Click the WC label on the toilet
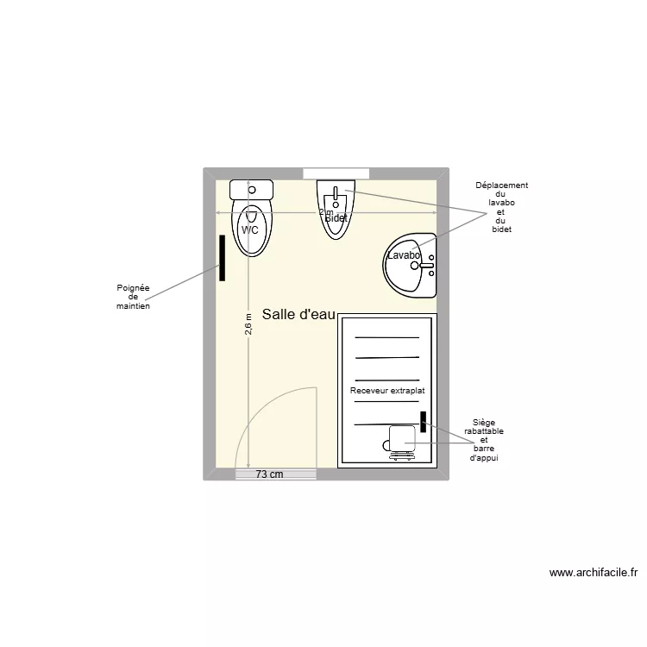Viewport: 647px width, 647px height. coord(249,230)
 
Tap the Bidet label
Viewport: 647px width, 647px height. coord(336,218)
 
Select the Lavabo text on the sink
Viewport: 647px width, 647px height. coord(403,255)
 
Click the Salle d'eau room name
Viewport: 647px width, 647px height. coord(298,315)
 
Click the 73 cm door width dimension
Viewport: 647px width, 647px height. coord(270,474)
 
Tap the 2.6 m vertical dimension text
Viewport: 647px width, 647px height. coord(248,324)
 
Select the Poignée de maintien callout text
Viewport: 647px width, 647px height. coord(133,297)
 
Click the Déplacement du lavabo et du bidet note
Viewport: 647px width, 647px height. coord(501,207)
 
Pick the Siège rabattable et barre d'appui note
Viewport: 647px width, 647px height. coord(484,440)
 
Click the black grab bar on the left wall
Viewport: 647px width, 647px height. coord(223,257)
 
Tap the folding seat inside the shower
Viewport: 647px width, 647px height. coord(401,439)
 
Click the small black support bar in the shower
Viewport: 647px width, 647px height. coord(424,422)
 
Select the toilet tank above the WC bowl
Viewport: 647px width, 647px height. coord(251,189)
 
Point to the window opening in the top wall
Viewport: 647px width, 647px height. coord(336,173)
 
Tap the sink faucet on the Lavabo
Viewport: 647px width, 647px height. coord(424,266)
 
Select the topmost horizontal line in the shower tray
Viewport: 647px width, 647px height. coord(387,337)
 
